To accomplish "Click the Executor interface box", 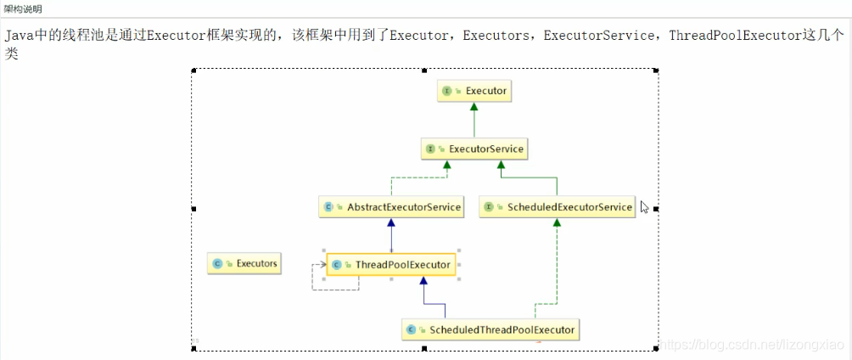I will tap(475, 90).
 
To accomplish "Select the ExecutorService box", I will tap(475, 149).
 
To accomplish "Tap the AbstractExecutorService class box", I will tap(391, 206).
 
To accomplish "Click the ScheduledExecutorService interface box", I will tap(557, 206).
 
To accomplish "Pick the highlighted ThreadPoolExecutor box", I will tap(391, 265).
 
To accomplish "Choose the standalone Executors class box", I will tap(244, 263).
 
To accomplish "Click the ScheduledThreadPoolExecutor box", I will tap(490, 329).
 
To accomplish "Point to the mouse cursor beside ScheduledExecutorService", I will tap(645, 206).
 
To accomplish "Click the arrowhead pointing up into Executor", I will tap(475, 108).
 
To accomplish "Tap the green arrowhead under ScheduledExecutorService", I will tap(557, 223).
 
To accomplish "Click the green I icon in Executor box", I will tap(446, 90).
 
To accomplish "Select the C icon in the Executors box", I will tap(218, 263).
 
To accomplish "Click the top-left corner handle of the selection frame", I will tap(193, 70).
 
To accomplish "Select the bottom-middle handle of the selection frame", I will tap(424, 348).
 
